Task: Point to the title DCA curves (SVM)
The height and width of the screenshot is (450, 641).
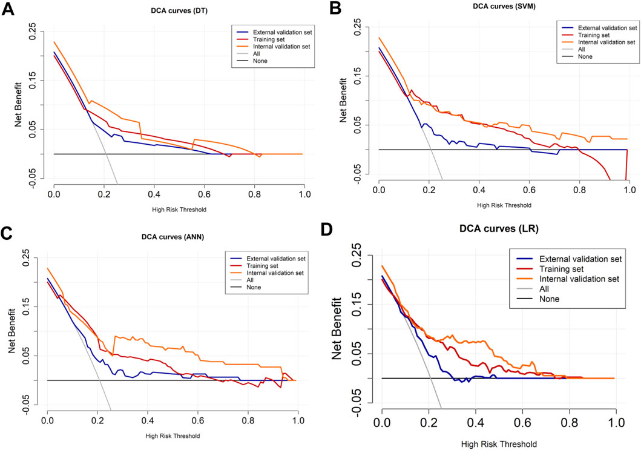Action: (504, 6)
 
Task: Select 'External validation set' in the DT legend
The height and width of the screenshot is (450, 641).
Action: (283, 31)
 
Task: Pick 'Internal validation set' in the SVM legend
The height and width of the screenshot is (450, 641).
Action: (607, 42)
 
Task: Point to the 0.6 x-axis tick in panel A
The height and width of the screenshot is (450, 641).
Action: (204, 194)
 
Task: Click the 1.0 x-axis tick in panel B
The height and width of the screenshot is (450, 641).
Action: (629, 190)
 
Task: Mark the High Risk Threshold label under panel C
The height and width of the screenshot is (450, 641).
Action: (173, 435)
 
